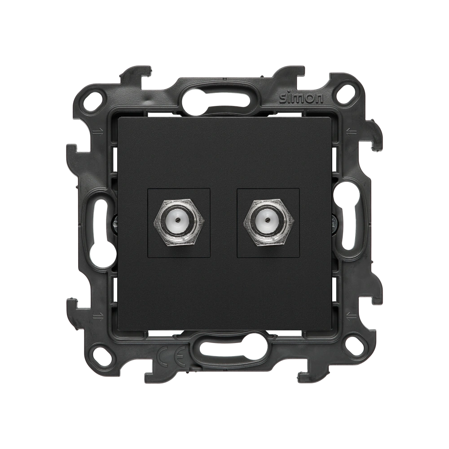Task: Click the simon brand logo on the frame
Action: point(301,98)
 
